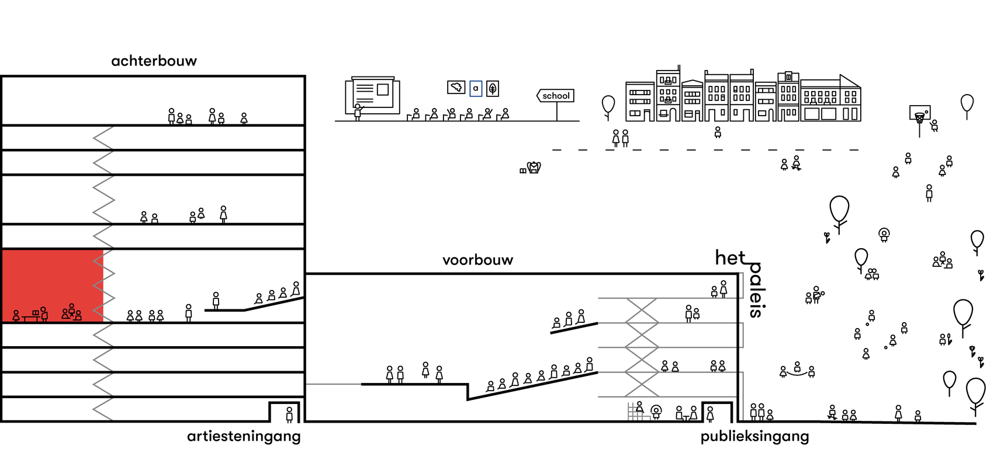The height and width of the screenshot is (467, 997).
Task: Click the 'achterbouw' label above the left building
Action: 154,61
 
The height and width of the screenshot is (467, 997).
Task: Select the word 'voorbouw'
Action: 477,260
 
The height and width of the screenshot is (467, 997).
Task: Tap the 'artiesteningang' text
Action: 244,436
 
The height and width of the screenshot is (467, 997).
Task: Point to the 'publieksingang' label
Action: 754,436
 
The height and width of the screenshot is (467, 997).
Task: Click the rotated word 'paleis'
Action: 756,290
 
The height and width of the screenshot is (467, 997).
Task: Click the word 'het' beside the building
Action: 730,257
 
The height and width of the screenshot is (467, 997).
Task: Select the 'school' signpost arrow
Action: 555,96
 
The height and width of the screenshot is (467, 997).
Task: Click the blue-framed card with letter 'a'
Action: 476,88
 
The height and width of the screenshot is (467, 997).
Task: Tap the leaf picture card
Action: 493,88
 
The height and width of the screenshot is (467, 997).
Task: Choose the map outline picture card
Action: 456,88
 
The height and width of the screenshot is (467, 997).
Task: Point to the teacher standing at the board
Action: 358,111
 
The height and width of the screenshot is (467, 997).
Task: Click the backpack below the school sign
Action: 534,168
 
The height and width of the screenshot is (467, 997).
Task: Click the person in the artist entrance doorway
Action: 289,414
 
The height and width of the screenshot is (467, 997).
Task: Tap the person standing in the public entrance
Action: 710,414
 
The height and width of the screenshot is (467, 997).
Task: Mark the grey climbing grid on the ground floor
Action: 635,412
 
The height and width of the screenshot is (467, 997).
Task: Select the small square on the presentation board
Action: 383,89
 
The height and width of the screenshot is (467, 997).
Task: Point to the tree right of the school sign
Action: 608,104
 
